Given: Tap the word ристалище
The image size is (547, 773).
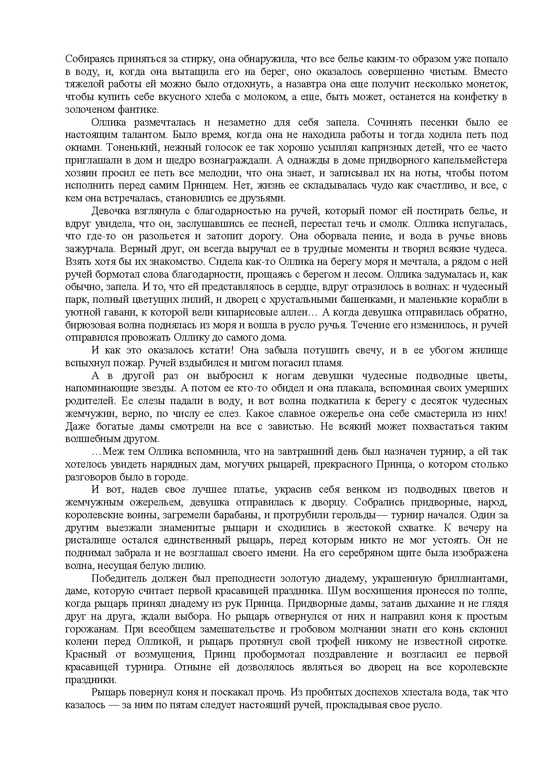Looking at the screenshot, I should tap(86, 540).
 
